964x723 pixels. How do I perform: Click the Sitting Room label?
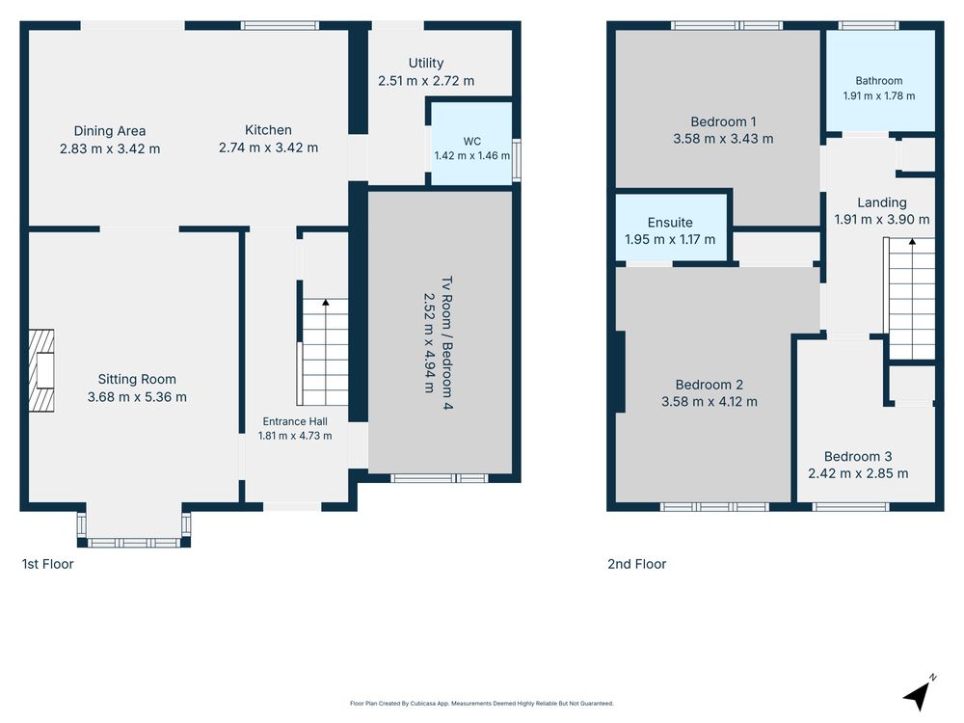click(x=137, y=379)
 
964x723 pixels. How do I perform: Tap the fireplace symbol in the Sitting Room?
click(x=41, y=371)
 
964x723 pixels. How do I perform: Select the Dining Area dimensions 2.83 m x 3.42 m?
click(x=110, y=148)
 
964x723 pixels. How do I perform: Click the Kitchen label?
click(x=268, y=130)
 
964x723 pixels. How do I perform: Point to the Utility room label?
click(x=426, y=63)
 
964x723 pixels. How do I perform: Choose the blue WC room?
click(x=471, y=144)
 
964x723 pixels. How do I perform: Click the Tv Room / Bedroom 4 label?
click(x=447, y=343)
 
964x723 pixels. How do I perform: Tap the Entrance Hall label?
click(x=295, y=422)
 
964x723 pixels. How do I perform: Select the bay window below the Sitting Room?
click(x=134, y=529)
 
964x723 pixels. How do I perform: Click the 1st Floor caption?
click(x=48, y=564)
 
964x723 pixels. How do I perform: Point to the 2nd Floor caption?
click(x=637, y=564)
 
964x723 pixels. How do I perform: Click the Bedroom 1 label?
click(x=723, y=121)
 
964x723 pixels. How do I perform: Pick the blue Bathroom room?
click(x=880, y=81)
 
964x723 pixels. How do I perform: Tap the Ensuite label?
click(x=670, y=223)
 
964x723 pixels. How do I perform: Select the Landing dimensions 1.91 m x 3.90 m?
click(x=882, y=220)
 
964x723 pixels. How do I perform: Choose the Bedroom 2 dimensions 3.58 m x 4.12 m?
click(x=710, y=402)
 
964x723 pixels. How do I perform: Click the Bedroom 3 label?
click(x=858, y=456)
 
